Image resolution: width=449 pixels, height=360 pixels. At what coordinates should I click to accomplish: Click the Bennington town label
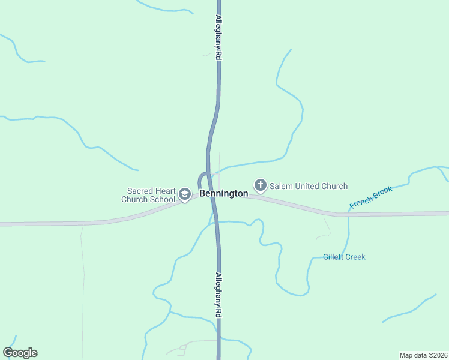[x=223, y=194]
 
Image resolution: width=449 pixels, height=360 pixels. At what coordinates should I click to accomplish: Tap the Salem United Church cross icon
[x=261, y=185]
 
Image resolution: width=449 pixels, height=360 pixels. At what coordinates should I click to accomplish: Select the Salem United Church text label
[x=308, y=186]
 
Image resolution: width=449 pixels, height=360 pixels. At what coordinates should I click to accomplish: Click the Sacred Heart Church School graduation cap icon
[x=185, y=194]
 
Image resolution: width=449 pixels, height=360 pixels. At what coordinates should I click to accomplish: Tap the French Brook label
[x=370, y=197]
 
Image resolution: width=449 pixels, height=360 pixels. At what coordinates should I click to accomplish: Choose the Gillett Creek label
[x=344, y=257]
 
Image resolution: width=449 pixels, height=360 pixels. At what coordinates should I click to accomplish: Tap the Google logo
[x=20, y=353]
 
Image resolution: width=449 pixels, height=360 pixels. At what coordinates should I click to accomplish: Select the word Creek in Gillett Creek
[x=355, y=257]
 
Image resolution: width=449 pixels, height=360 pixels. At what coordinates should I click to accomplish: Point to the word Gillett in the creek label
[x=333, y=257]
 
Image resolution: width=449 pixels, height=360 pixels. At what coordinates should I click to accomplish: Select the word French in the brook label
[x=360, y=202]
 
